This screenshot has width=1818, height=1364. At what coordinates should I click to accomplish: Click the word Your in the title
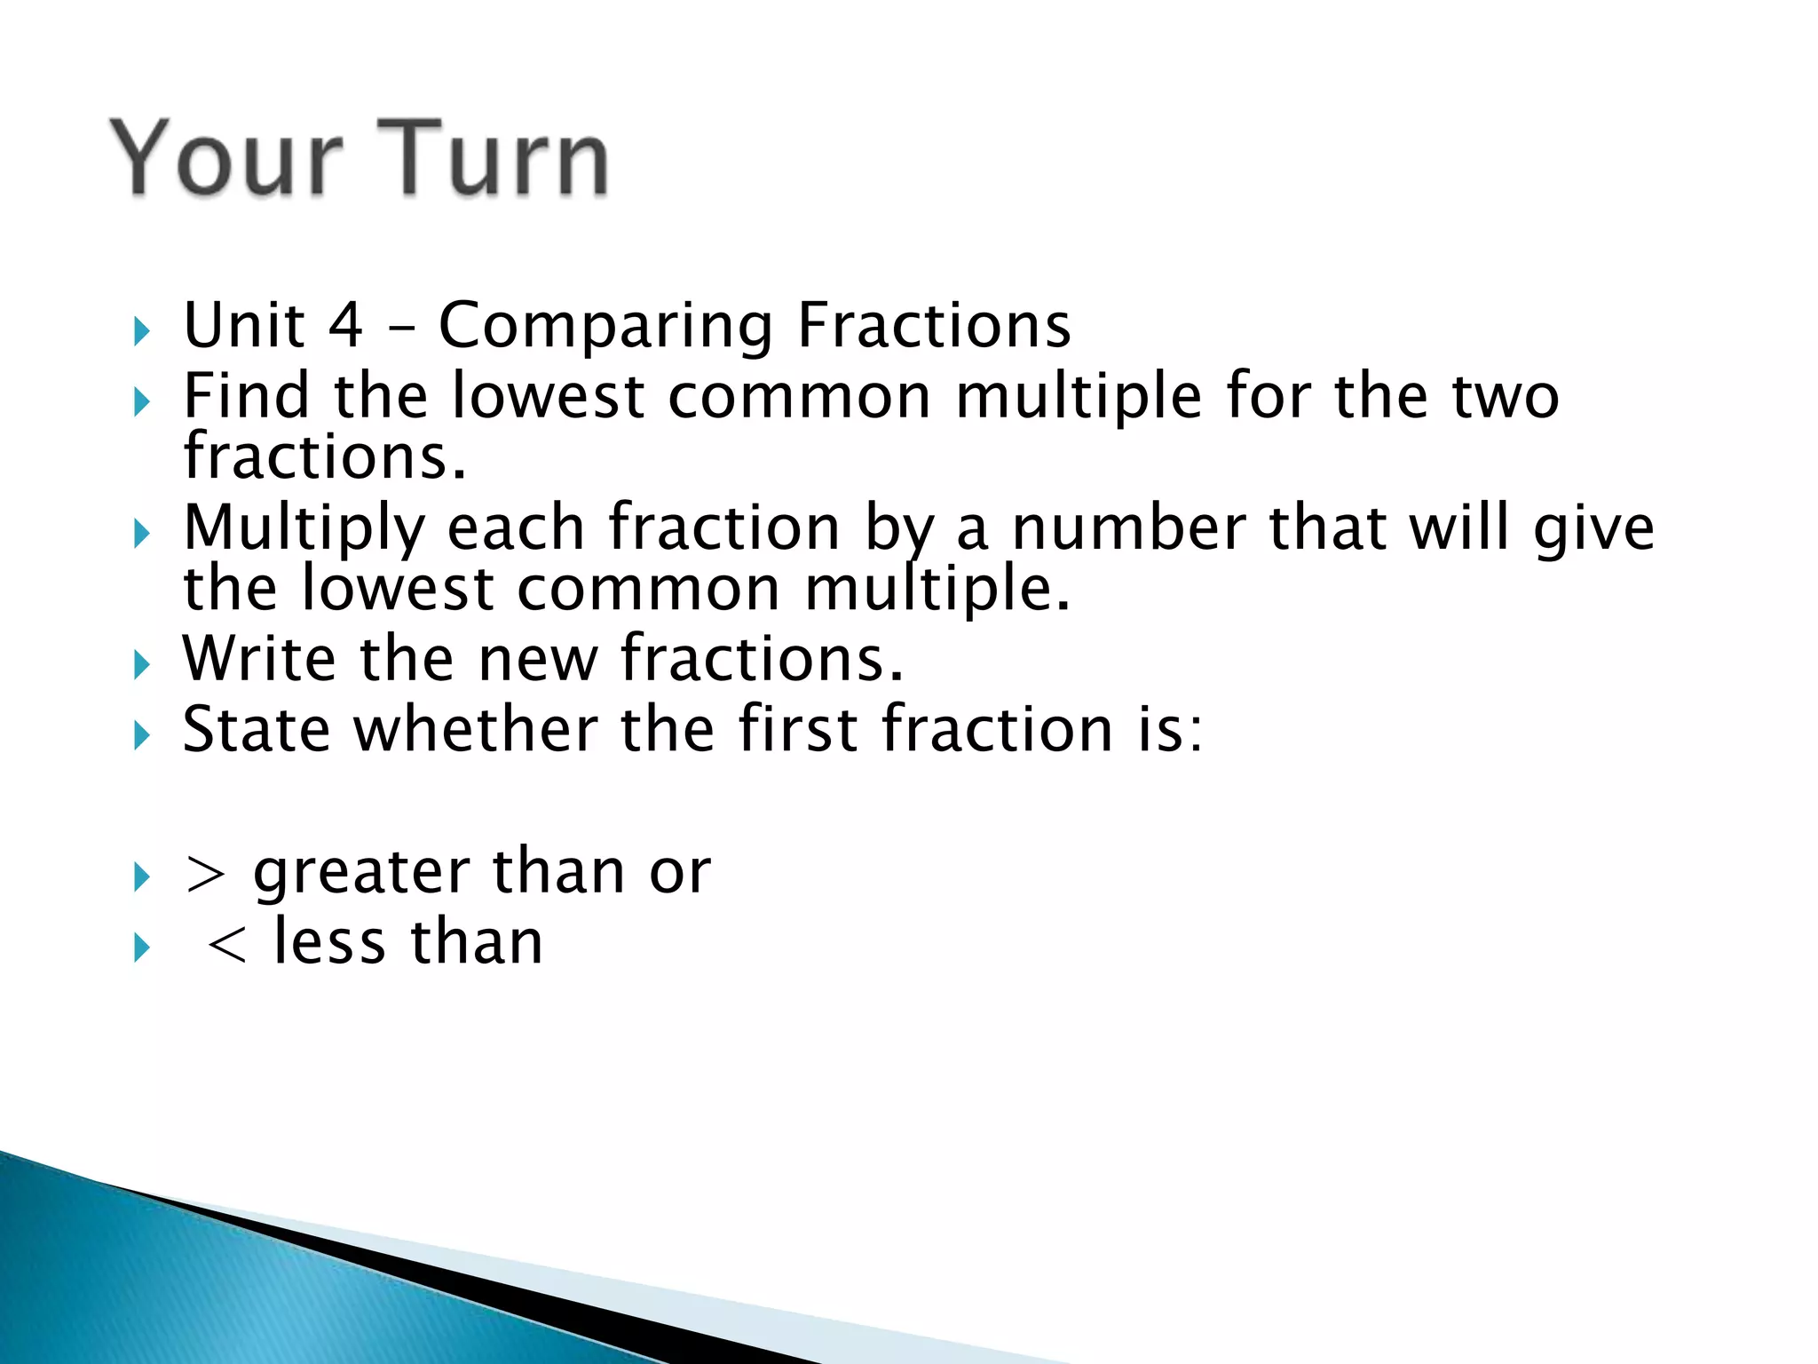pos(226,158)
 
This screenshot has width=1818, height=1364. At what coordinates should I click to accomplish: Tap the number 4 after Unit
pos(345,325)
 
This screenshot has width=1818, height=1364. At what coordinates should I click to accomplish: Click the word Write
pos(258,658)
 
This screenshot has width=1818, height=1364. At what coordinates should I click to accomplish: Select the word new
pos(537,660)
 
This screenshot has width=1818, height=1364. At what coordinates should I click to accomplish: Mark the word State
pos(256,729)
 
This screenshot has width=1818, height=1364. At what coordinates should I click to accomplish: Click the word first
pos(798,729)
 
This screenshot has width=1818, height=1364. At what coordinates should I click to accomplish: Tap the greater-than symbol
pos(204,874)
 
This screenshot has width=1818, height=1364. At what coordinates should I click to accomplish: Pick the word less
pos(328,942)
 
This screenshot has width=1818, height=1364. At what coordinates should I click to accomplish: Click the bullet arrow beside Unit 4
pos(142,332)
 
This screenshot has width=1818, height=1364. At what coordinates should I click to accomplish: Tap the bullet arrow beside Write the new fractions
pos(142,665)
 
